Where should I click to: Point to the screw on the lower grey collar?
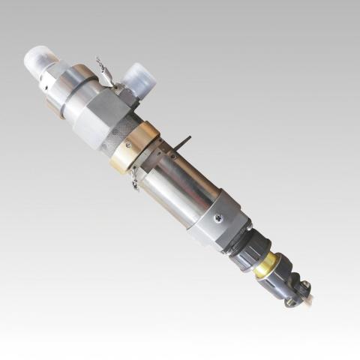tap(217, 218)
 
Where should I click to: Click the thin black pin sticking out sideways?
tap(182, 142)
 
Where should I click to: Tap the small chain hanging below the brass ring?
tap(135, 178)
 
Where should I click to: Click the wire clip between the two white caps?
tap(104, 69)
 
